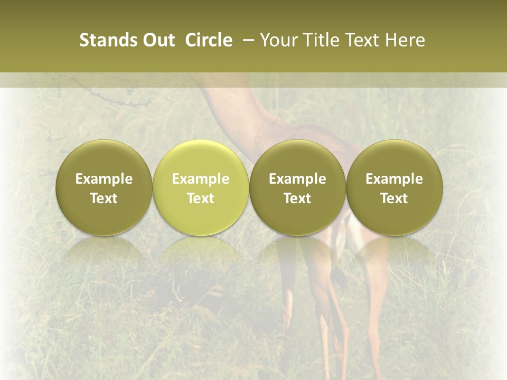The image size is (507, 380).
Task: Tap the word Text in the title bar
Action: point(361,40)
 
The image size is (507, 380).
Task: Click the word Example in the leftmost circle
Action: point(104,179)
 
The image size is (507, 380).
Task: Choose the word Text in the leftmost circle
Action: point(104,198)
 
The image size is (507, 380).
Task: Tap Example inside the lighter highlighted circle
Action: point(201,179)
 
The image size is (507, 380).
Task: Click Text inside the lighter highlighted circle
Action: point(201,198)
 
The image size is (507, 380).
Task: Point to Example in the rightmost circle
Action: point(394,179)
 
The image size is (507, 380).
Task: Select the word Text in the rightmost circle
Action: point(394,198)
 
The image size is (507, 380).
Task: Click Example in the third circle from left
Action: point(297,179)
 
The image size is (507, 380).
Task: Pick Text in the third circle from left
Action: point(297,198)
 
